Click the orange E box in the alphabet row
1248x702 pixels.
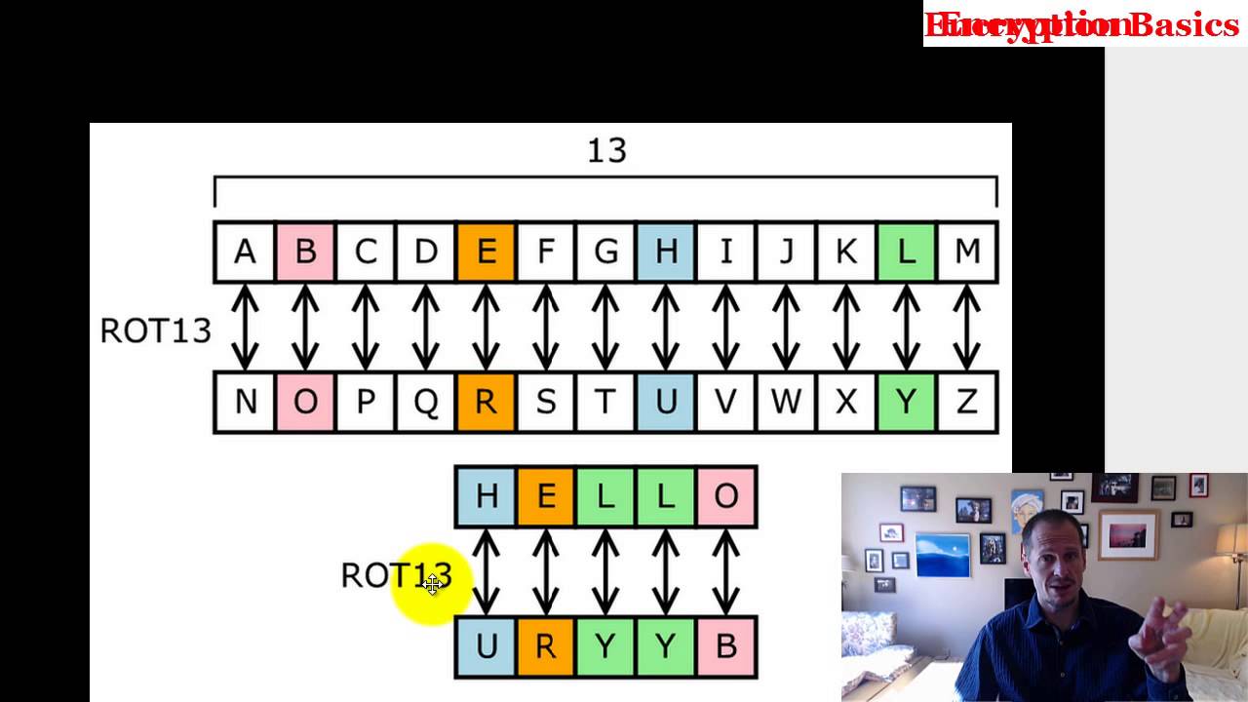(486, 253)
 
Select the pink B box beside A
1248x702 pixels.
(305, 253)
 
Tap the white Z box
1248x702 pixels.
(966, 402)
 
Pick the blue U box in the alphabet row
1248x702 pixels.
(666, 402)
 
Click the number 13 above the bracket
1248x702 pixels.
(606, 150)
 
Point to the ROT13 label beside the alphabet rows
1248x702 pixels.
(155, 331)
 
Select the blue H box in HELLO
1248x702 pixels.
(486, 497)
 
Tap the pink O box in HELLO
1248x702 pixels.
(726, 497)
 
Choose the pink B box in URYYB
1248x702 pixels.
(726, 646)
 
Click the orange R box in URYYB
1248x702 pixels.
(546, 646)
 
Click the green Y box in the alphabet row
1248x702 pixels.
(906, 402)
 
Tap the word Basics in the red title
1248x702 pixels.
(1184, 24)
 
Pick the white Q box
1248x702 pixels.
(426, 402)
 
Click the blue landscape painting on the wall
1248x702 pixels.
(942, 555)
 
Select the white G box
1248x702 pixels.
(606, 253)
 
